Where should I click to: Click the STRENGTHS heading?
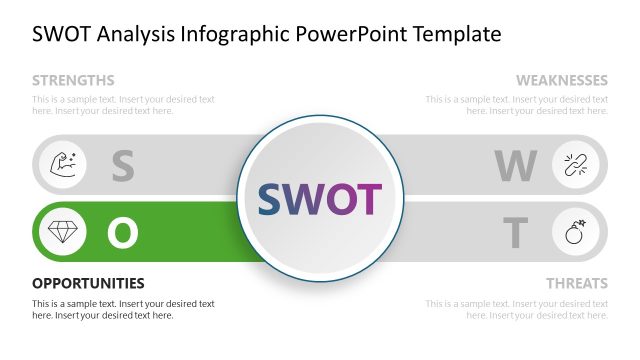pyautogui.click(x=73, y=80)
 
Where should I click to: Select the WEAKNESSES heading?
pyautogui.click(x=561, y=80)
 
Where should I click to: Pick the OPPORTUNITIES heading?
pyautogui.click(x=88, y=283)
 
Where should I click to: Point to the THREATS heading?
pyautogui.click(x=576, y=283)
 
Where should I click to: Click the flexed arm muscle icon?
pyautogui.click(x=61, y=164)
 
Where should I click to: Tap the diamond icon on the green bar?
pyautogui.click(x=61, y=232)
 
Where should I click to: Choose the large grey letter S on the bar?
pyautogui.click(x=122, y=166)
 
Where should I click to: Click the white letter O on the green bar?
pyautogui.click(x=122, y=233)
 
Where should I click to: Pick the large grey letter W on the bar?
pyautogui.click(x=516, y=166)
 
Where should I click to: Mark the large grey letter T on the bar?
pyautogui.click(x=515, y=233)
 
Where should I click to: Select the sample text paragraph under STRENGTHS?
pyautogui.click(x=123, y=105)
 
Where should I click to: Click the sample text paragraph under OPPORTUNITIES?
pyautogui.click(x=123, y=309)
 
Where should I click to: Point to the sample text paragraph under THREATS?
pyautogui.click(x=516, y=309)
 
